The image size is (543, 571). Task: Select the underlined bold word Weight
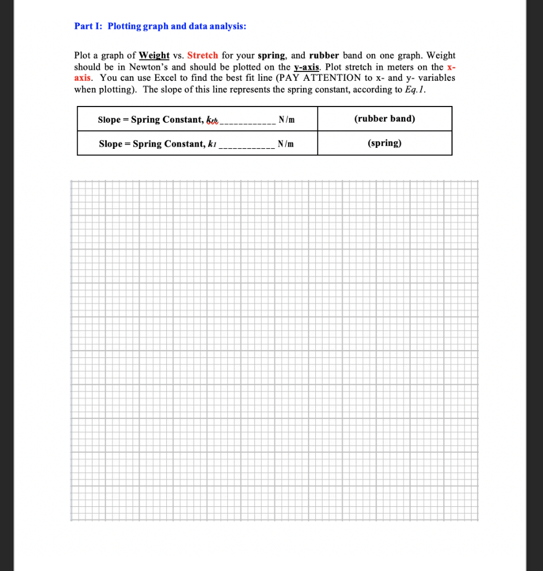tap(154, 55)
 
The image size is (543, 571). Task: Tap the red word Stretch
tap(203, 55)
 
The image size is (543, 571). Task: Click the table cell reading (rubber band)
tap(385, 119)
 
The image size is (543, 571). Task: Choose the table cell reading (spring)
tap(385, 143)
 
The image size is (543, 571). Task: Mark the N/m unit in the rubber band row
tap(286, 119)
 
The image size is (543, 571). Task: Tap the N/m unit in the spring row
tap(286, 144)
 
